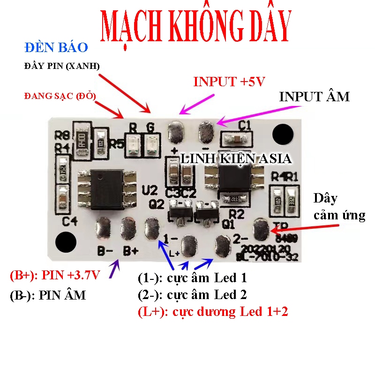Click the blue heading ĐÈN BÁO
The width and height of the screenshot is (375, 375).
coord(56,48)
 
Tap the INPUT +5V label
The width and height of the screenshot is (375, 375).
coord(230,82)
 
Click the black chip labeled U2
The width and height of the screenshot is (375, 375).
coord(112,184)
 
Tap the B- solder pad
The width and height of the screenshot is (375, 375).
coord(103,228)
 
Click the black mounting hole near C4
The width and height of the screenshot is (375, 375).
coord(65,242)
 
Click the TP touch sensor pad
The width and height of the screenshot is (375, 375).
coord(261,229)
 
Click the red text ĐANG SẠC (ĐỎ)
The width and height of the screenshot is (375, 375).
coord(60,96)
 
